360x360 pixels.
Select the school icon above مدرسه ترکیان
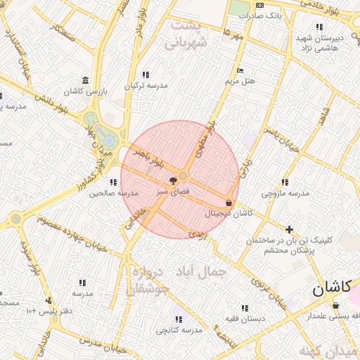146,75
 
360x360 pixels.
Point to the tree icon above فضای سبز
173,181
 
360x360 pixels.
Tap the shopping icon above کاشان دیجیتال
229,202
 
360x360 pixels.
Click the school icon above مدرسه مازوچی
285,183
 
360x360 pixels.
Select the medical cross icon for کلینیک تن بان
289,229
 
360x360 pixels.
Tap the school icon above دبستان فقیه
244,308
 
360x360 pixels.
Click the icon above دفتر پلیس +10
48,300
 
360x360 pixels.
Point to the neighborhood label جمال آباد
203,271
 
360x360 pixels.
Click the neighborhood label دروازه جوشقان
149,281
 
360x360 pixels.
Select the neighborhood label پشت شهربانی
186,34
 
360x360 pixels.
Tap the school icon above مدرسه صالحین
113,182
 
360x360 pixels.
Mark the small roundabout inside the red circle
184,175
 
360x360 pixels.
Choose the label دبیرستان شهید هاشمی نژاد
321,42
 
